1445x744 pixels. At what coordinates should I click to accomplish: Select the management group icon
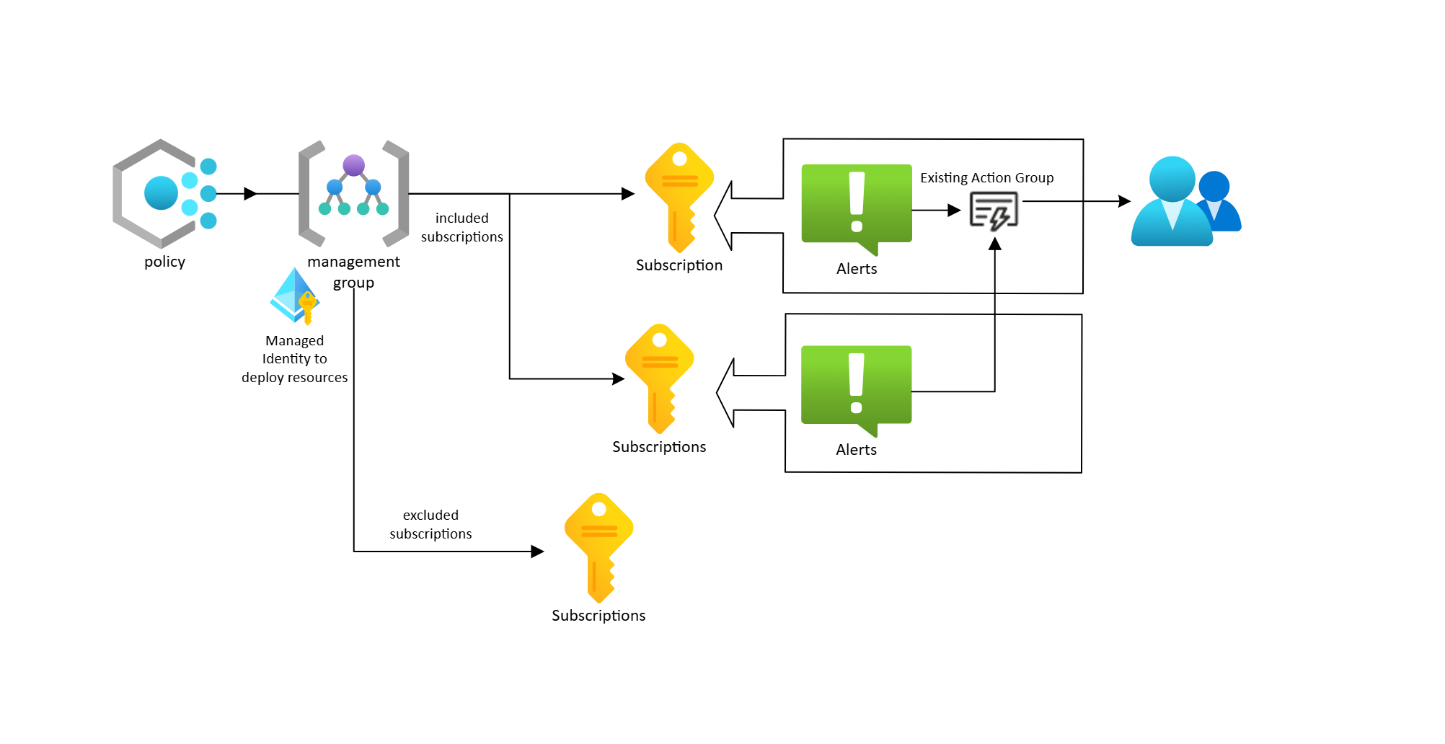tap(353, 192)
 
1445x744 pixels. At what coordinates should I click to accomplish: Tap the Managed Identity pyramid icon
tap(295, 296)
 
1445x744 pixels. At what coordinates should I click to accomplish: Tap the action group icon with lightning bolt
tap(994, 211)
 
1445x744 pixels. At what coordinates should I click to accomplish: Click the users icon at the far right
tap(1185, 202)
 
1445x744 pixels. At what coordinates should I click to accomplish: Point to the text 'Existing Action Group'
tap(986, 178)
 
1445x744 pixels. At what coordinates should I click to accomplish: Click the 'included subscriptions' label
tap(462, 228)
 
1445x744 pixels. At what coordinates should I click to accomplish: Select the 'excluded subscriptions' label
tap(430, 525)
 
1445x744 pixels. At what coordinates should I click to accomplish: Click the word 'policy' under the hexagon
tap(164, 262)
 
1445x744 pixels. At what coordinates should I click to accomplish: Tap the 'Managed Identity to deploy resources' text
tap(294, 359)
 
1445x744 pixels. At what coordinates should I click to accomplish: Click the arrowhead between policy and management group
tap(251, 194)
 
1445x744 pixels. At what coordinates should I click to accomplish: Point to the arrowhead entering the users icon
tap(1124, 202)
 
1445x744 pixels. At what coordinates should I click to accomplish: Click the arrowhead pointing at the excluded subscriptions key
tap(537, 552)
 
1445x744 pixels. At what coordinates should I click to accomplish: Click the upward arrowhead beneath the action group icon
tap(995, 244)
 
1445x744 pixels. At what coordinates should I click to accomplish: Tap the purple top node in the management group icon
tap(353, 165)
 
